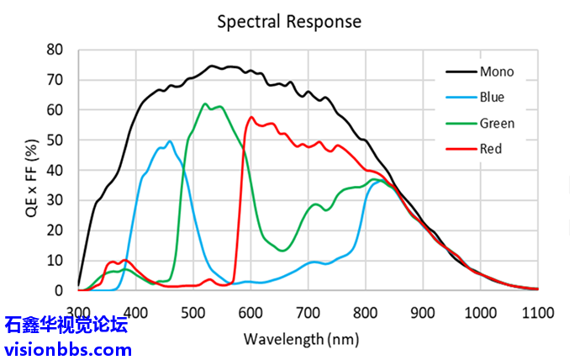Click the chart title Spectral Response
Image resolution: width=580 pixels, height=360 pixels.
click(289, 21)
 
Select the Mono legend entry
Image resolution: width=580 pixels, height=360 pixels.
click(497, 71)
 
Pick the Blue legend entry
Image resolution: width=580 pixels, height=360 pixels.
click(492, 97)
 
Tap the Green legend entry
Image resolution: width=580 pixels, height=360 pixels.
click(497, 123)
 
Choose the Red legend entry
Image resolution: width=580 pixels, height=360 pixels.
click(490, 149)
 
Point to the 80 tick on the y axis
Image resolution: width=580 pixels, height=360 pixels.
click(55, 50)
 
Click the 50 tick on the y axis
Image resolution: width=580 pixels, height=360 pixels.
click(55, 140)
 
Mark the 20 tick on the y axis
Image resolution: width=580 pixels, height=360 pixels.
click(55, 230)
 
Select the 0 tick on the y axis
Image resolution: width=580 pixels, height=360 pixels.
click(59, 290)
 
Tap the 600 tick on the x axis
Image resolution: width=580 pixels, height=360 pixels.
click(250, 312)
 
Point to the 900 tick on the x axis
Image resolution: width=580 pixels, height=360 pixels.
click(423, 312)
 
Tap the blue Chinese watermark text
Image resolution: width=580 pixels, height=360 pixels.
click(66, 325)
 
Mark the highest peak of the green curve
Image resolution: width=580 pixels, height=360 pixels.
click(204, 104)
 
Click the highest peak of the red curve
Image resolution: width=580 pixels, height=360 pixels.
click(251, 117)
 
